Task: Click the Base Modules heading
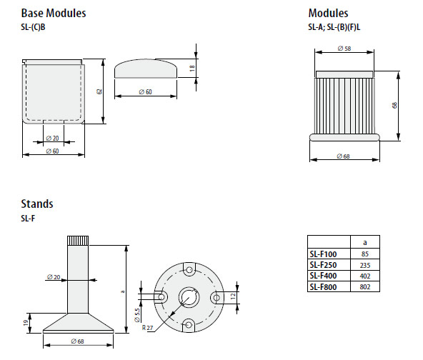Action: [54, 13]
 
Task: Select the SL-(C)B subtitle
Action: [33, 27]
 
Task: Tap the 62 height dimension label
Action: [99, 91]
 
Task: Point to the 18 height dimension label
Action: [192, 68]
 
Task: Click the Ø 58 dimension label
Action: [344, 49]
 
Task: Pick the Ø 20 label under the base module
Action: [52, 139]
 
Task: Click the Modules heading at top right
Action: [328, 13]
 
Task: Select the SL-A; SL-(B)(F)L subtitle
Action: [334, 27]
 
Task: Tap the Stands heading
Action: [37, 204]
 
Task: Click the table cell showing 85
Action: [364, 254]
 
